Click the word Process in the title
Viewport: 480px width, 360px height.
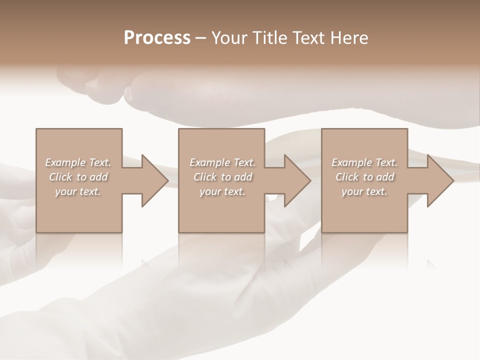pyautogui.click(x=157, y=38)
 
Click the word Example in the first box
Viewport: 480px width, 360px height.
pyautogui.click(x=64, y=162)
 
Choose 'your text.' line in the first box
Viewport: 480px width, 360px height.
pyautogui.click(x=78, y=191)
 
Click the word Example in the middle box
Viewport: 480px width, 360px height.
pyautogui.click(x=209, y=162)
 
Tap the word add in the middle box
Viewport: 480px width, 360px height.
pyautogui.click(x=243, y=177)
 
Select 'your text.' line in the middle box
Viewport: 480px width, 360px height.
pyautogui.click(x=222, y=191)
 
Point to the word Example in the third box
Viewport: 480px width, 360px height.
pyautogui.click(x=351, y=162)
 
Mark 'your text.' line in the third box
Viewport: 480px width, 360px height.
pyautogui.click(x=364, y=191)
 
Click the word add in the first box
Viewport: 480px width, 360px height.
pyautogui.click(x=99, y=177)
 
